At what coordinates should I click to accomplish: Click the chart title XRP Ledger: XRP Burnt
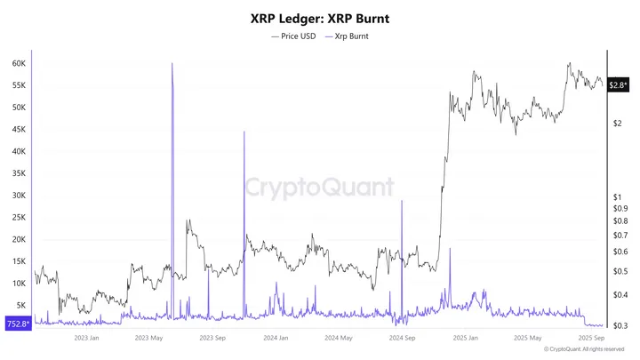[320, 17]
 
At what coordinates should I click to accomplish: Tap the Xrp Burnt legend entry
[350, 36]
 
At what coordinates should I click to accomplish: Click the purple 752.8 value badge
[17, 324]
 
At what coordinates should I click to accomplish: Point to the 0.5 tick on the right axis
[620, 271]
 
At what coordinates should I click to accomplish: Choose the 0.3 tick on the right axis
[620, 325]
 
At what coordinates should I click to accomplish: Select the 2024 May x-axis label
[340, 338]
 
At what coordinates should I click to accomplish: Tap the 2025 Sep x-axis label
[592, 338]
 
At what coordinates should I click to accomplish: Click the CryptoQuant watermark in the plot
[319, 187]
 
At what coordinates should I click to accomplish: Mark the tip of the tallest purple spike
[172, 64]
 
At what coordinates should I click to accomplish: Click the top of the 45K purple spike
[244, 132]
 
